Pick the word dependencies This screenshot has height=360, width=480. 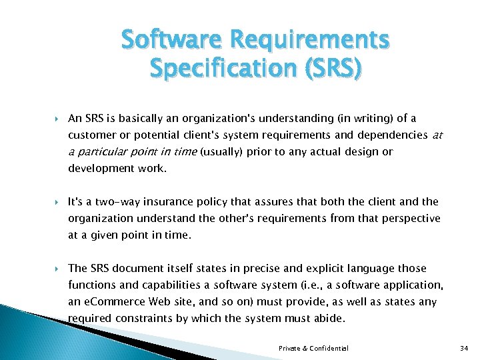coord(389,135)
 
